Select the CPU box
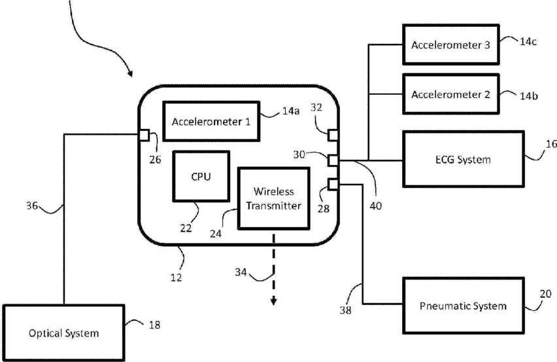(x=201, y=176)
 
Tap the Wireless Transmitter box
(x=273, y=198)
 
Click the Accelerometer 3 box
(x=451, y=45)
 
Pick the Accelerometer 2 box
(x=451, y=94)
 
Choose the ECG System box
(x=463, y=159)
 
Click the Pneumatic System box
(x=463, y=305)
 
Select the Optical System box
(x=63, y=333)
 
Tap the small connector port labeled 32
(x=333, y=136)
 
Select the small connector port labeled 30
(x=333, y=160)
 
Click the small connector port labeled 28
(x=333, y=184)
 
